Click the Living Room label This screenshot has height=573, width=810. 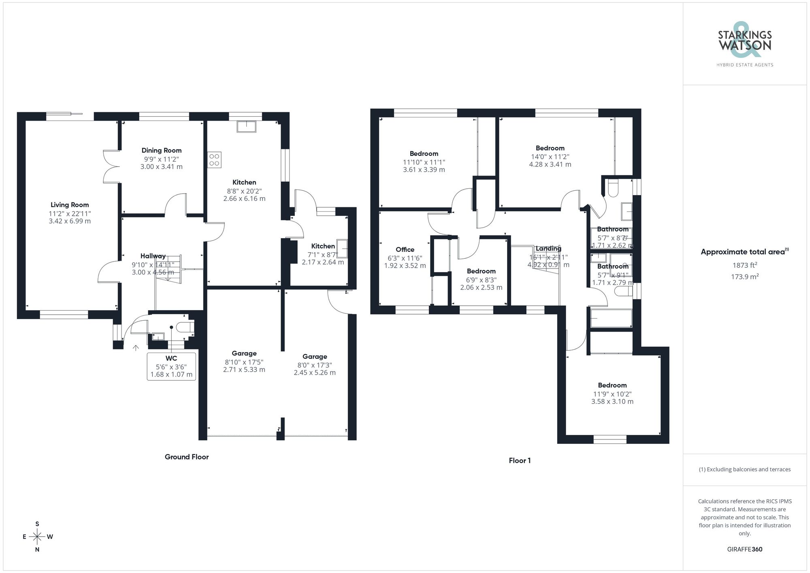click(70, 205)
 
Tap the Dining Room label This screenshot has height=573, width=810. click(161, 150)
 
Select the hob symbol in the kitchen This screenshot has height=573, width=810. click(214, 160)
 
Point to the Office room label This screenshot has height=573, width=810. click(405, 249)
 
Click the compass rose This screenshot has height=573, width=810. click(37, 537)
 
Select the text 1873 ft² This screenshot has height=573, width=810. click(745, 265)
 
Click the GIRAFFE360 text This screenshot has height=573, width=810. click(744, 550)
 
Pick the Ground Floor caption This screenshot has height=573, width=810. click(187, 457)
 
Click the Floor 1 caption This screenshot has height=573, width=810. click(520, 460)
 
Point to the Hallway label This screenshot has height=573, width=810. click(153, 256)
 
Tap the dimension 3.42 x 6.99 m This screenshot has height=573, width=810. click(70, 221)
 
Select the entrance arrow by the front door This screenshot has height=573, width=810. click(136, 347)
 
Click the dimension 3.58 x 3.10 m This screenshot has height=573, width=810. click(612, 402)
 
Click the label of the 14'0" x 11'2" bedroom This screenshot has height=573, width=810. click(550, 148)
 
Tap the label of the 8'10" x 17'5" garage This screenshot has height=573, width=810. click(244, 354)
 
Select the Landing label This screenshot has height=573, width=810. click(548, 249)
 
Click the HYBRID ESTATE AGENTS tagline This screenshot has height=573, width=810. click(745, 65)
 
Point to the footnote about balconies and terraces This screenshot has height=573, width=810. click(744, 469)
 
